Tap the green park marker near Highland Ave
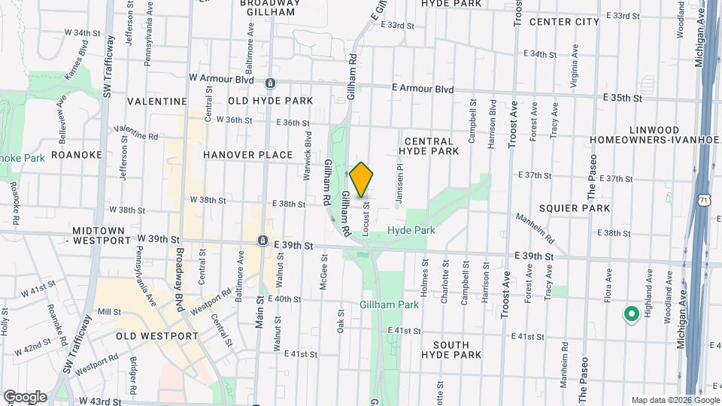[x=631, y=314]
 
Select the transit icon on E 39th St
[x=262, y=241]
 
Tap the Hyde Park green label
[x=411, y=230]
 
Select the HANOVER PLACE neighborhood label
[x=247, y=155]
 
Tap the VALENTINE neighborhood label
[x=156, y=101]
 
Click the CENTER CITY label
[x=564, y=22]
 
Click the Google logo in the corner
[x=25, y=396]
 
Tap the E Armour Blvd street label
[x=423, y=89]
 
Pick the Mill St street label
[x=109, y=311]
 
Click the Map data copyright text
[x=675, y=400]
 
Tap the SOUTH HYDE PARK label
[x=445, y=349]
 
